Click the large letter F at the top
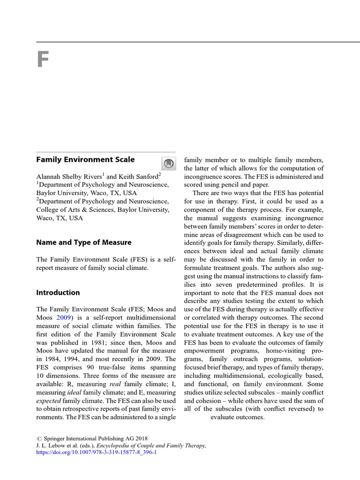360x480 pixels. coord(43,60)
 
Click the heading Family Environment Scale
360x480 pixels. coord(85,159)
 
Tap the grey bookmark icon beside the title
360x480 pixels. coord(167,163)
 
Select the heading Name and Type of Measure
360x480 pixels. coord(84,242)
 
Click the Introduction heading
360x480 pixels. coord(58,292)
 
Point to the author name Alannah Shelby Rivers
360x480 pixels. coord(69,177)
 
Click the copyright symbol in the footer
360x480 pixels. coord(39,437)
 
